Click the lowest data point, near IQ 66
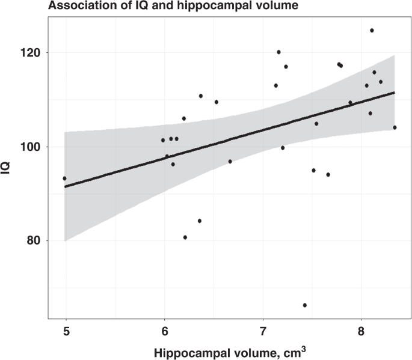pyautogui.click(x=305, y=305)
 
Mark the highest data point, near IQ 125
pyautogui.click(x=372, y=30)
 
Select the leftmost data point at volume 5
pyautogui.click(x=64, y=178)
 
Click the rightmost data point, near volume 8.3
pyautogui.click(x=395, y=127)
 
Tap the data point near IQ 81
pyautogui.click(x=185, y=237)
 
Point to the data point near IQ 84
pyautogui.click(x=200, y=221)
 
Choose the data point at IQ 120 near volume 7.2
pyautogui.click(x=278, y=52)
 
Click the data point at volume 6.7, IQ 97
pyautogui.click(x=230, y=162)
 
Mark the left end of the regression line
pyautogui.click(x=65, y=187)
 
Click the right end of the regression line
pyautogui.click(x=395, y=93)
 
